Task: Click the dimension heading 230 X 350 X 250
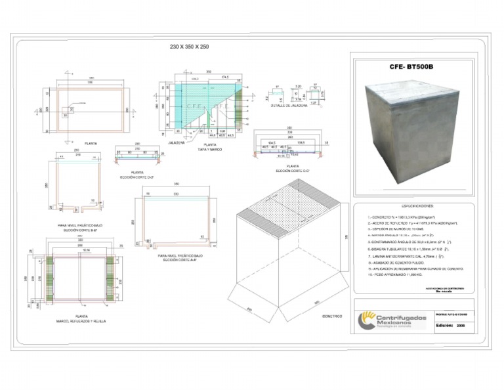pos(189,48)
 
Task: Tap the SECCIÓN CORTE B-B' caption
pos(78,231)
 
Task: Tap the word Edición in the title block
pos(444,324)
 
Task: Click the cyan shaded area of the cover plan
pos(197,95)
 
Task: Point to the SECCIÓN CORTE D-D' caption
pos(132,177)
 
